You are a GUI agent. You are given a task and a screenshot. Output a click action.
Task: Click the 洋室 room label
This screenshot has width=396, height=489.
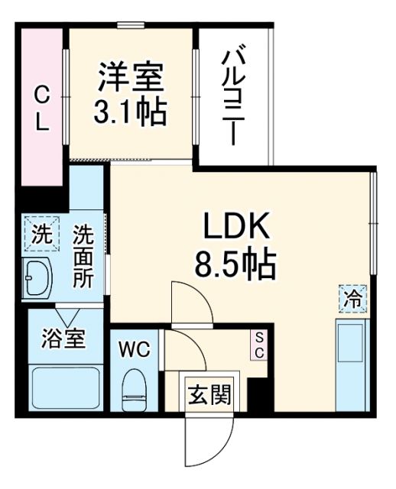tap(130, 79)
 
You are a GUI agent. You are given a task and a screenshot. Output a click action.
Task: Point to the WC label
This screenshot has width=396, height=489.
tap(134, 349)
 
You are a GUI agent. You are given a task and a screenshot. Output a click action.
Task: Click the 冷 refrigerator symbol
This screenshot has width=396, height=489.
tap(353, 298)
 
